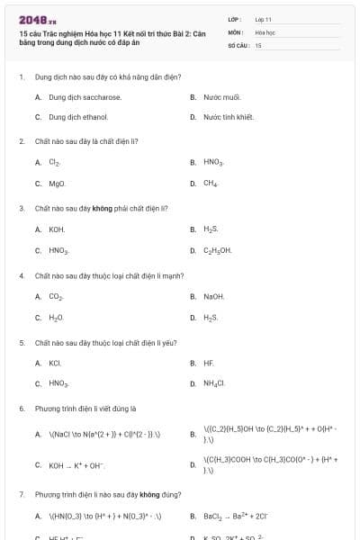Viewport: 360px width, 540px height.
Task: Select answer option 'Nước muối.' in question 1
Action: click(222, 96)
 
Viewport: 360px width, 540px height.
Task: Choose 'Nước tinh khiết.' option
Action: click(229, 117)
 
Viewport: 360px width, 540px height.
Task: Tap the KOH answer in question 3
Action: click(57, 229)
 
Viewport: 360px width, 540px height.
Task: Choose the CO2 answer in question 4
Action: click(56, 296)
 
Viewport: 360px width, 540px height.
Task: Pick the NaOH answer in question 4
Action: click(214, 296)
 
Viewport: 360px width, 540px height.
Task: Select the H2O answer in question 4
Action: click(56, 318)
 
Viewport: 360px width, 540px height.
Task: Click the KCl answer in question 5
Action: click(55, 363)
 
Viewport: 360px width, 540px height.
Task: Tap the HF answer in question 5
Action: click(209, 363)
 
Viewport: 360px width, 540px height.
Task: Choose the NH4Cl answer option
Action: click(214, 384)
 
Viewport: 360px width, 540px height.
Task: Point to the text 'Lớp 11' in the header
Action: click(264, 19)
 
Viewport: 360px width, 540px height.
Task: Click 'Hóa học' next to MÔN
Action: click(265, 31)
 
